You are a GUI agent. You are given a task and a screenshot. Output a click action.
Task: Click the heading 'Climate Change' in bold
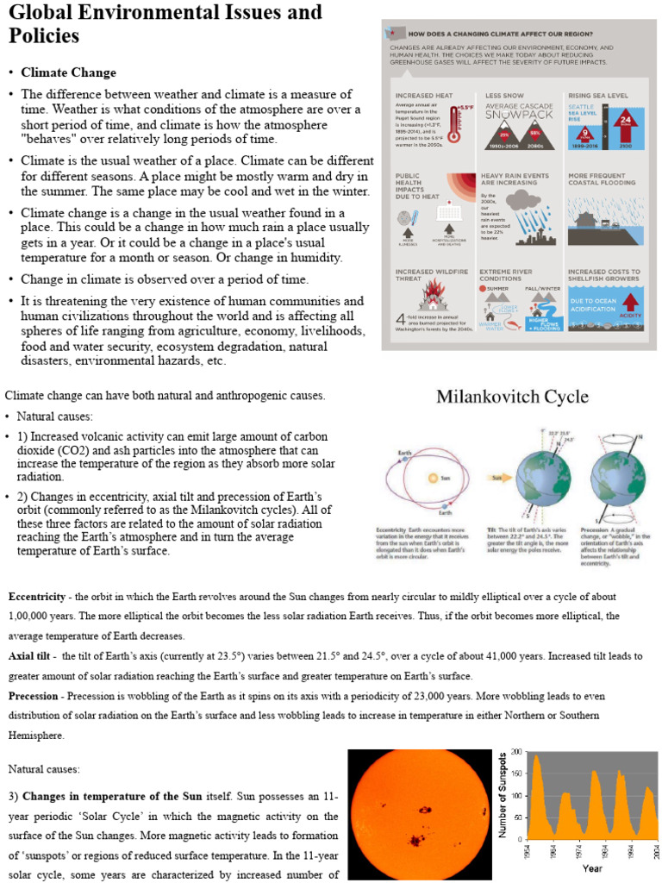click(68, 72)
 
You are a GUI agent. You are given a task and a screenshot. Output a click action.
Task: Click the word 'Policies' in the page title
click(44, 36)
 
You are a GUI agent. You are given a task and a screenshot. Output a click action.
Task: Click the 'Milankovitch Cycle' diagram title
click(512, 398)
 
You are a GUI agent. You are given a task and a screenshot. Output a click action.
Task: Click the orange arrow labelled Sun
click(499, 476)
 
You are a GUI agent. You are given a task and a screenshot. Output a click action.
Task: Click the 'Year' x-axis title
click(591, 868)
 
